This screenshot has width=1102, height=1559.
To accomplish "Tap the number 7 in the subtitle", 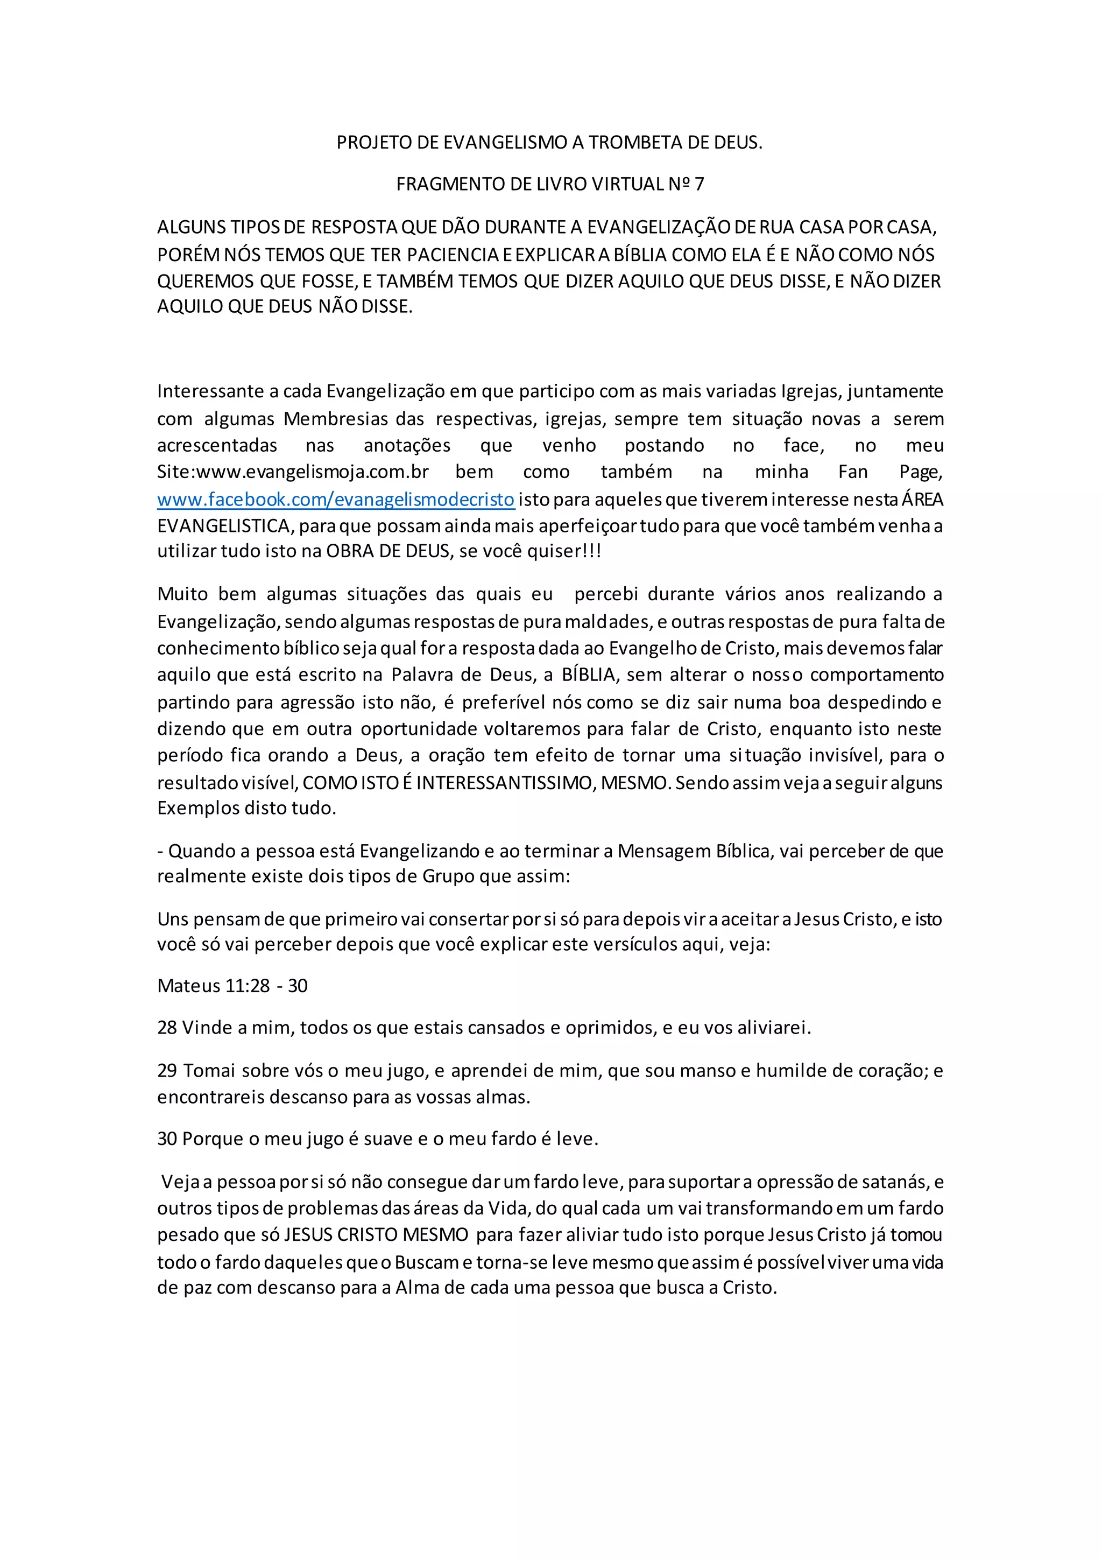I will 699,184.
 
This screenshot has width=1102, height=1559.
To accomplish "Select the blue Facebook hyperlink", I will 336,500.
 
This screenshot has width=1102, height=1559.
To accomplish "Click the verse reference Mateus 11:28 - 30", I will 232,986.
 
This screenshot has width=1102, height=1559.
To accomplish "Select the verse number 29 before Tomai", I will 167,1071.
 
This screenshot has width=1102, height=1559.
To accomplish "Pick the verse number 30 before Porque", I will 167,1139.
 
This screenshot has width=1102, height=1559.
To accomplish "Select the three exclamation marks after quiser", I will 592,551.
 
